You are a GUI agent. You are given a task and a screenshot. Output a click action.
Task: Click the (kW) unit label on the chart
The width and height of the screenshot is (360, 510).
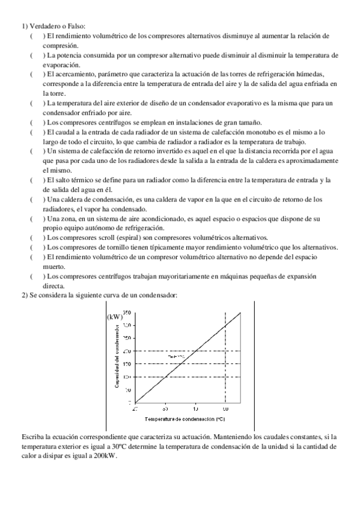pyautogui.click(x=114, y=316)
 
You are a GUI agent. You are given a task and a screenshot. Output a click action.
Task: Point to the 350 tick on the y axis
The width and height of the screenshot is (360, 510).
pyautogui.click(x=127, y=312)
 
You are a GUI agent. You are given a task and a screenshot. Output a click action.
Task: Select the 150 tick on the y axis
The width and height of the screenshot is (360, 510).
pyautogui.click(x=127, y=364)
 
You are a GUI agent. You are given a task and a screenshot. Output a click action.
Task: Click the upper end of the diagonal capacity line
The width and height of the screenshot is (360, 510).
pyautogui.click(x=241, y=312)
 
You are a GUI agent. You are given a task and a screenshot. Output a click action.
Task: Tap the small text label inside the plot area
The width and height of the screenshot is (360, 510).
pyautogui.click(x=175, y=357)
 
